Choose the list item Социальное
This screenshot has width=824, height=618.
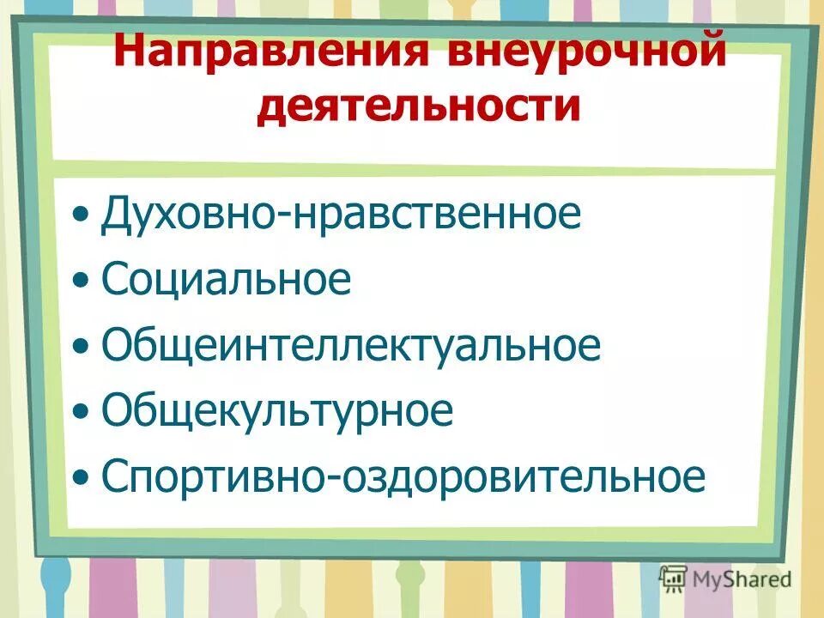pos(226,280)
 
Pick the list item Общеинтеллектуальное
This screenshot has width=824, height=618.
pos(350,345)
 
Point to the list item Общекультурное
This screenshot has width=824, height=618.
pos(276,411)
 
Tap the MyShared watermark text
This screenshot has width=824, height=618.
pos(742,579)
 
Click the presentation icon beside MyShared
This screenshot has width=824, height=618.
pos(673,578)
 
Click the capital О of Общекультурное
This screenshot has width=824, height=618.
pos(117,411)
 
